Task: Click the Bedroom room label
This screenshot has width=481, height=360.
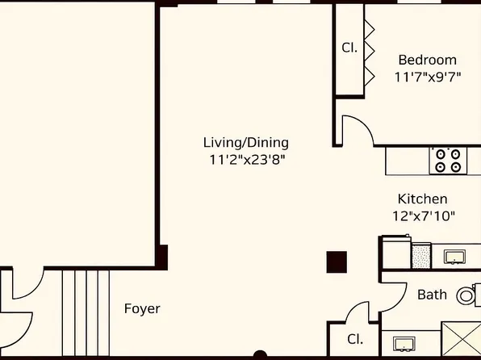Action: click(x=427, y=60)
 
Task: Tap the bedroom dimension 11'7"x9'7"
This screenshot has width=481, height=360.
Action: click(x=427, y=77)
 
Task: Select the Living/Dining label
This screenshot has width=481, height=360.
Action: click(x=245, y=142)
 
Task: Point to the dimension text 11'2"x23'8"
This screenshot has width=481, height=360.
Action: click(x=245, y=160)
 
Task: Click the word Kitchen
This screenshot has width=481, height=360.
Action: click(x=422, y=199)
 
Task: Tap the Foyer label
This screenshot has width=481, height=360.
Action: click(x=142, y=308)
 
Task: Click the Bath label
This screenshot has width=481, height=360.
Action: click(x=432, y=295)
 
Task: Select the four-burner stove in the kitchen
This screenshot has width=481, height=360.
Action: click(x=449, y=160)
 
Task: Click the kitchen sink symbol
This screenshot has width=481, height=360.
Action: click(x=455, y=257)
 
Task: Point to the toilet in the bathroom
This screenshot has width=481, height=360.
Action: click(x=467, y=295)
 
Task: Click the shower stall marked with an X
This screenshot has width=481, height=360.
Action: click(x=461, y=340)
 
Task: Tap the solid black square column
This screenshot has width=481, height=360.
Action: click(x=336, y=262)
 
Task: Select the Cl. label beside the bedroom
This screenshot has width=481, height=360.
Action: click(x=349, y=48)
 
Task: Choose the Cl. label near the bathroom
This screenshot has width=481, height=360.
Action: click(x=353, y=339)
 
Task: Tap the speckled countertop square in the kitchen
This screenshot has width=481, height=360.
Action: click(x=421, y=256)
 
